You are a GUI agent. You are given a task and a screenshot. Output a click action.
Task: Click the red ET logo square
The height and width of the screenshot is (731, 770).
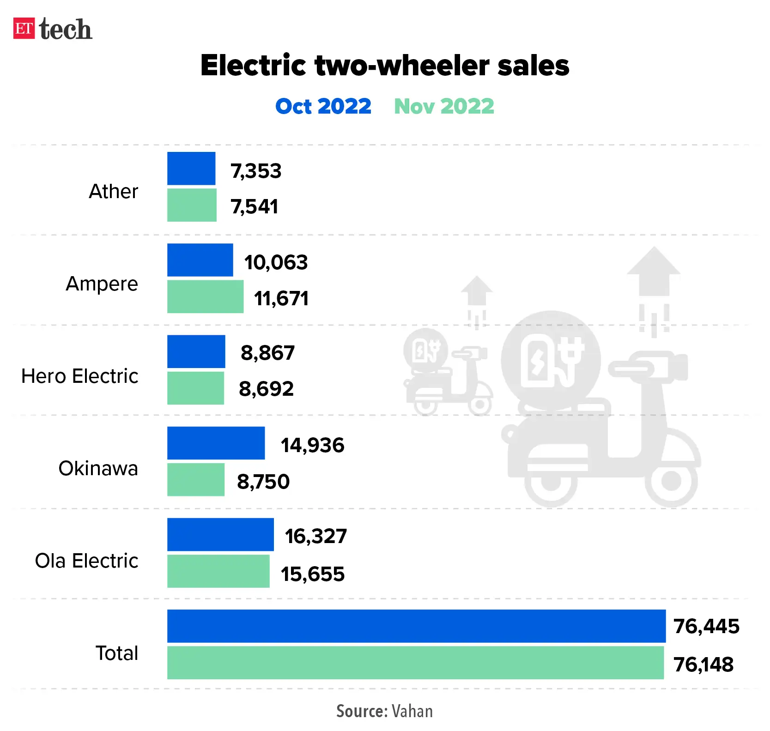pyautogui.click(x=24, y=28)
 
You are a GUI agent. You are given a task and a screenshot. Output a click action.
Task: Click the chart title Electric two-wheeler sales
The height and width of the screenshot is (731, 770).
pyautogui.click(x=385, y=65)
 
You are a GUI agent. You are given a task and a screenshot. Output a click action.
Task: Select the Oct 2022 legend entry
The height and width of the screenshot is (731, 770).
pyautogui.click(x=323, y=106)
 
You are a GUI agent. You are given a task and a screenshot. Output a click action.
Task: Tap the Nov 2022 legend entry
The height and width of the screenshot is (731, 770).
pyautogui.click(x=444, y=106)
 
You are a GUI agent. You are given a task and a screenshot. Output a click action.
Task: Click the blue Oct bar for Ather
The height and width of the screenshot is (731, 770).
pyautogui.click(x=191, y=169)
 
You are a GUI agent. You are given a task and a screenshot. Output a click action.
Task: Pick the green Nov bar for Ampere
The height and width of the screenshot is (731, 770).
pyautogui.click(x=205, y=296)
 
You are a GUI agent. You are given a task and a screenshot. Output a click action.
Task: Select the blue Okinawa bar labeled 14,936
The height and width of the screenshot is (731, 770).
pyautogui.click(x=216, y=443)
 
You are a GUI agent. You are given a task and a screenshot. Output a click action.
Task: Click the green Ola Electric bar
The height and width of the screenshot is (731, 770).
pyautogui.click(x=218, y=571)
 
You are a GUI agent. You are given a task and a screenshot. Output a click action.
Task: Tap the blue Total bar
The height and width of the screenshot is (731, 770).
pyautogui.click(x=416, y=626)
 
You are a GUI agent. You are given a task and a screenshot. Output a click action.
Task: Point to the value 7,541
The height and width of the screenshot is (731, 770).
pyautogui.click(x=255, y=206)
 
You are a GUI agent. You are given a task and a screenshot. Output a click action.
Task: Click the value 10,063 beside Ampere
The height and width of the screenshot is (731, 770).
pyautogui.click(x=276, y=262)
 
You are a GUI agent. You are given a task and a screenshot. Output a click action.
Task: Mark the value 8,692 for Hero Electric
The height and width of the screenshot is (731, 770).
pyautogui.click(x=266, y=389)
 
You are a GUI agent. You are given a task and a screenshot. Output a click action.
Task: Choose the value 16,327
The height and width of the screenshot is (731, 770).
pyautogui.click(x=315, y=536)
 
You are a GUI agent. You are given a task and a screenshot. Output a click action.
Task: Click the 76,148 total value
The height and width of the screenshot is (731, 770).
pyautogui.click(x=703, y=665)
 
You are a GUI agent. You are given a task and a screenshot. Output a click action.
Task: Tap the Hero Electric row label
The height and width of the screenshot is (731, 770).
pyautogui.click(x=79, y=376)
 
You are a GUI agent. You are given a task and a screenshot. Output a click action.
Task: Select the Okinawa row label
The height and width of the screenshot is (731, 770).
pyautogui.click(x=98, y=468)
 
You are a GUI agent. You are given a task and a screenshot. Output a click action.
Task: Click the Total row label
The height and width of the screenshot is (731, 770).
pyautogui.click(x=116, y=653)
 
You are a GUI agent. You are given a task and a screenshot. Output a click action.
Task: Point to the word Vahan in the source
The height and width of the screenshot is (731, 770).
pyautogui.click(x=412, y=711)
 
